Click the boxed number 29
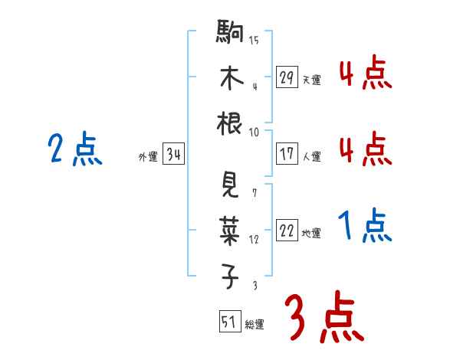287,77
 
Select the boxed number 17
287,154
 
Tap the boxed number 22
287,231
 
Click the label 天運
311,80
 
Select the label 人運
311,156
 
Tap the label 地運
311,233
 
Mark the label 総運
255,324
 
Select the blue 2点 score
74,149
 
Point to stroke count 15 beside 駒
254,41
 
